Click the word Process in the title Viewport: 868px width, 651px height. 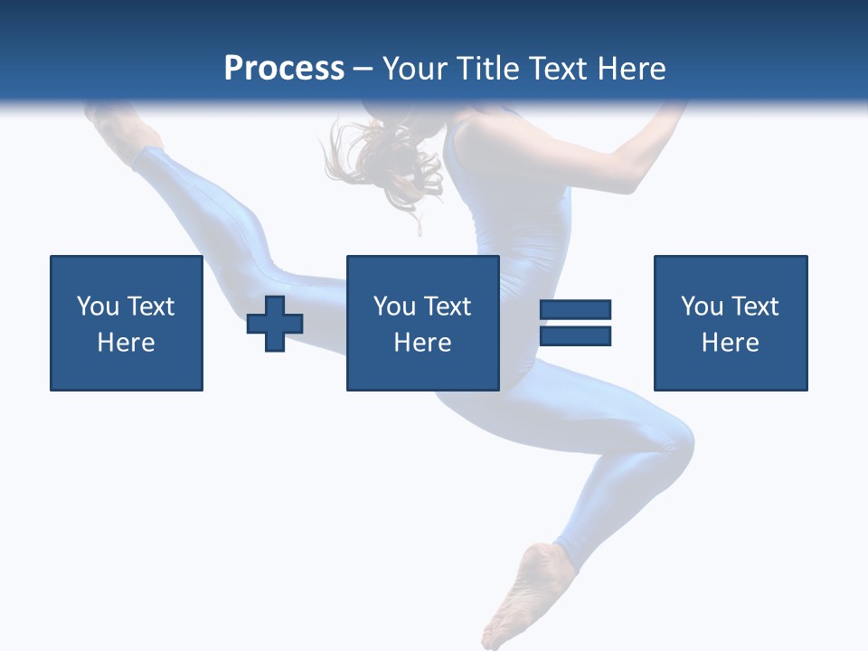(284, 69)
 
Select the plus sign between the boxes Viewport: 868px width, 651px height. (275, 324)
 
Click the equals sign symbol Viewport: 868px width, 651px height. (575, 323)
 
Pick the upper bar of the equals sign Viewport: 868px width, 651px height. (575, 310)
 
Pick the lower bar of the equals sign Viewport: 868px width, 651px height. (575, 335)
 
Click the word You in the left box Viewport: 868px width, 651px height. (98, 307)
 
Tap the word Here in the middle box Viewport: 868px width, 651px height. (422, 343)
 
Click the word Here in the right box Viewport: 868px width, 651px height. (731, 343)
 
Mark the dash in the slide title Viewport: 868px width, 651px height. (363, 70)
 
